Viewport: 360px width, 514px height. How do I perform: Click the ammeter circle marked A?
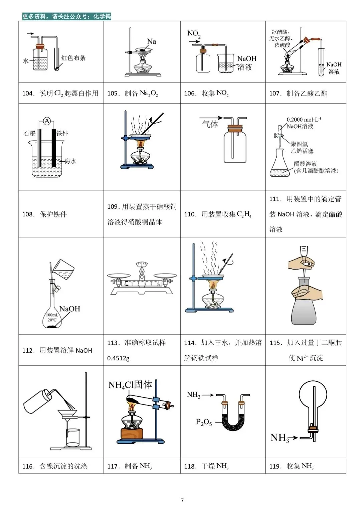pos(47,121)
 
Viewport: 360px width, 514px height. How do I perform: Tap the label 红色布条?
pos(73,58)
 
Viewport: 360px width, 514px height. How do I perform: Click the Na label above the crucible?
pos(151,41)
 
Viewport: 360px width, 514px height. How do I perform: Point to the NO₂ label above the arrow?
pos(194,34)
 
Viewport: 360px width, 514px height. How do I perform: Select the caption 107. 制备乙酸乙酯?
pos(298,94)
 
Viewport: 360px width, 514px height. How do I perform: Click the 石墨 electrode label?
pos(30,133)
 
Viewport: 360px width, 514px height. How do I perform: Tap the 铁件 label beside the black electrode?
pos(62,133)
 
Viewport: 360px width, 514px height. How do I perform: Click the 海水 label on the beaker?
pos(70,161)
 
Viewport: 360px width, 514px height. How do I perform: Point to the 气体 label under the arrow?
pos(210,124)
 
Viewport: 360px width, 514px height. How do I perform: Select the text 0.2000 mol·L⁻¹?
pos(304,119)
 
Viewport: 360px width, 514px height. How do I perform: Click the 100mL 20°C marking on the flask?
pos(52,317)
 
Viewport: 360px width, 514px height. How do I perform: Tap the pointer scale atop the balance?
pos(142,264)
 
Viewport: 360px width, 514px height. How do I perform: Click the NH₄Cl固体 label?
pos(130,385)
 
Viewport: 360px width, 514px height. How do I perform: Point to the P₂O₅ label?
pos(204,422)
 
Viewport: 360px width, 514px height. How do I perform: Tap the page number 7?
pos(182,500)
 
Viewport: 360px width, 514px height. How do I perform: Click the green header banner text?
pos(66,16)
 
